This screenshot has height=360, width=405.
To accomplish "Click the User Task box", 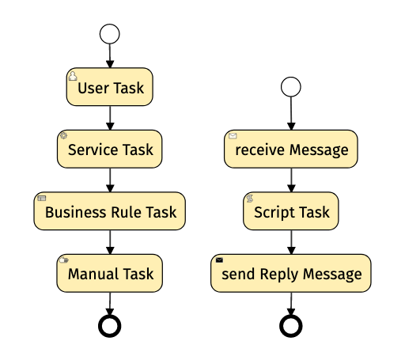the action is pyautogui.click(x=110, y=87).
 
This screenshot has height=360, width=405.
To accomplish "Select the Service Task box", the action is pyautogui.click(x=110, y=149).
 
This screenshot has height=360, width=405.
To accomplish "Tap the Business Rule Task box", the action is pyautogui.click(x=110, y=211).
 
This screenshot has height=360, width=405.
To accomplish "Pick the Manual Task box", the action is pyautogui.click(x=110, y=273).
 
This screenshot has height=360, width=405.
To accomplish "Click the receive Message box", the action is pyautogui.click(x=291, y=149).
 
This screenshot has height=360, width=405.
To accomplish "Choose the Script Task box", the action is pyautogui.click(x=291, y=211).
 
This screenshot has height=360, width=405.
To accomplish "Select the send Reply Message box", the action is pyautogui.click(x=291, y=273).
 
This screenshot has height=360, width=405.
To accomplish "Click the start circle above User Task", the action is pyautogui.click(x=110, y=34).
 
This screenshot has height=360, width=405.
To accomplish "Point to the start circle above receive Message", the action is pyautogui.click(x=291, y=87).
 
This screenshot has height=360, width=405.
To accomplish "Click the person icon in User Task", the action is pyautogui.click(x=73, y=76).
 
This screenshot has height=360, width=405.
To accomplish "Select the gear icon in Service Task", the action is pyautogui.click(x=63, y=135).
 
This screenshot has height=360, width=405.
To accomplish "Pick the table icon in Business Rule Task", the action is pyautogui.click(x=42, y=198).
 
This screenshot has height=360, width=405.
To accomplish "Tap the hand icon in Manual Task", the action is pyautogui.click(x=63, y=260).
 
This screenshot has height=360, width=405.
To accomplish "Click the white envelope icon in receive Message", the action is pyautogui.click(x=233, y=136).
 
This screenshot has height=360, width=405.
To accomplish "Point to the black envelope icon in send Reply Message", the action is pyautogui.click(x=219, y=260).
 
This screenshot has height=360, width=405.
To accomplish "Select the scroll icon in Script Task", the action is pyautogui.click(x=250, y=199).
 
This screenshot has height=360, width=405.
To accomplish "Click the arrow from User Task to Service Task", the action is pyautogui.click(x=110, y=118).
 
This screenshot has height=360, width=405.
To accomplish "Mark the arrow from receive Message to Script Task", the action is pyautogui.click(x=291, y=180).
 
